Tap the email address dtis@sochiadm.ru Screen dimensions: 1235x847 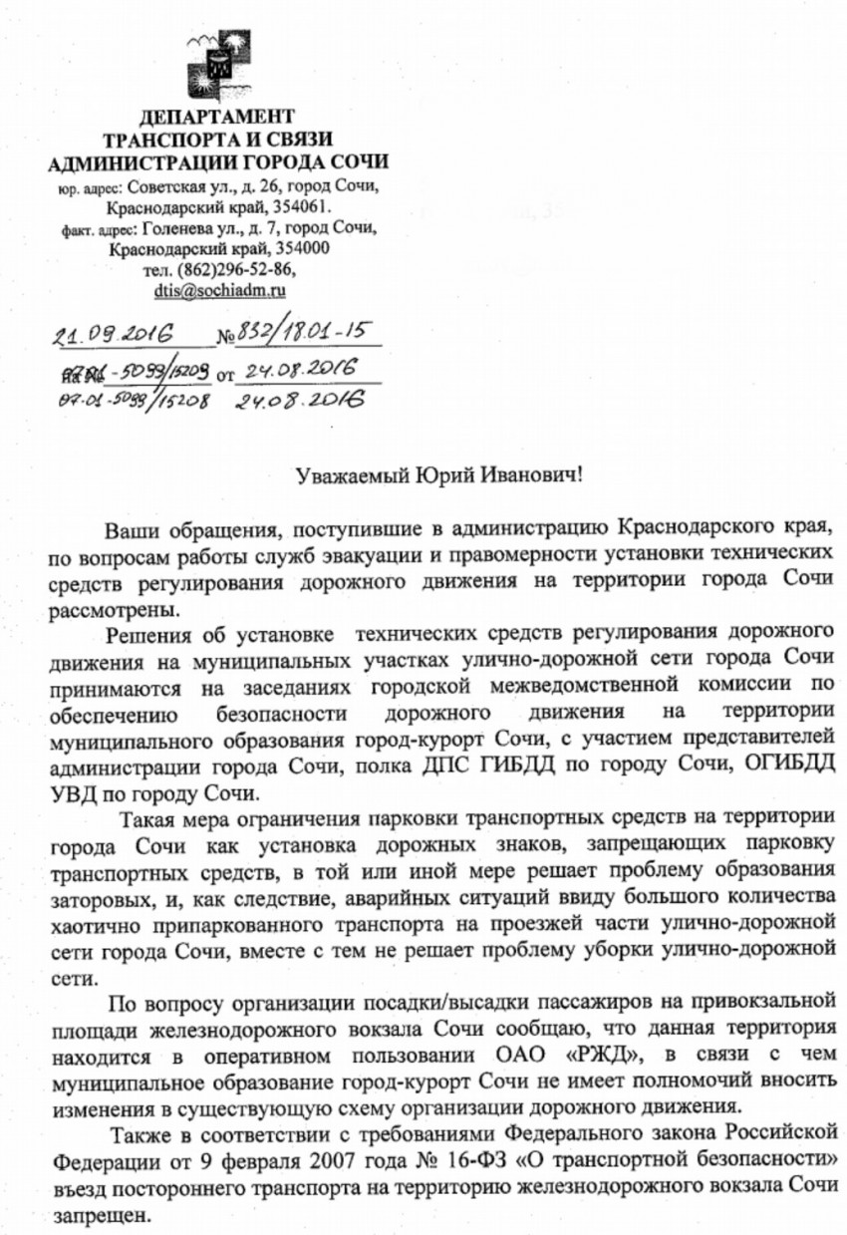pos(220,292)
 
